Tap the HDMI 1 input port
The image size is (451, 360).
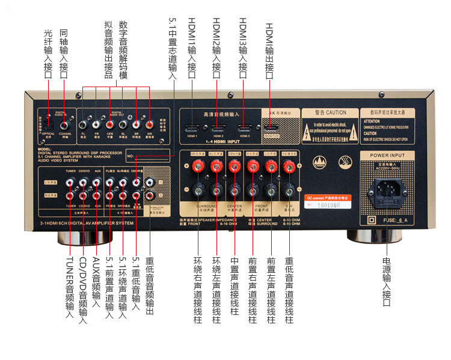click(192, 129)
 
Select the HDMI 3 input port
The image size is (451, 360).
click(244, 129)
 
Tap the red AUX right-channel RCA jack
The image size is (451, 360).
click(97, 195)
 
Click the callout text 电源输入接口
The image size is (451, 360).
click(386, 282)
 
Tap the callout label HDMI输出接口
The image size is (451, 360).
click(269, 50)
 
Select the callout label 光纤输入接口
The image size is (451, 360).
click(49, 53)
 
